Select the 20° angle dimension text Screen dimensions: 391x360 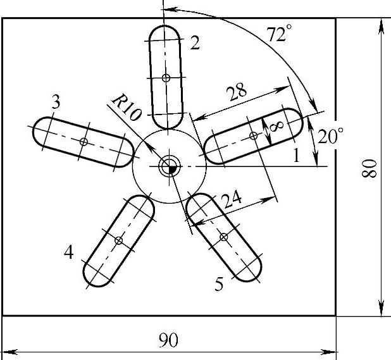tap(330, 135)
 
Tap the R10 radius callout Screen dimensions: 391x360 tap(127, 107)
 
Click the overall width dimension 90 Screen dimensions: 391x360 tap(168, 340)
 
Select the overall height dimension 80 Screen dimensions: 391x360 tap(369, 168)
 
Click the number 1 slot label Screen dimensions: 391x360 tap(296, 155)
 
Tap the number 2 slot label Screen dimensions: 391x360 tap(195, 42)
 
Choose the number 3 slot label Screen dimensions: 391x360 tap(56, 102)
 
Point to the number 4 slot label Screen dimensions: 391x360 tap(68, 252)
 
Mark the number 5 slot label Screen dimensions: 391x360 tap(219, 284)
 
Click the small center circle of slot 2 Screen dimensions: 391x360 tap(166, 78)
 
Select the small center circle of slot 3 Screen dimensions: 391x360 tap(84, 142)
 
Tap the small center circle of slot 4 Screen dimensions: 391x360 tap(119, 240)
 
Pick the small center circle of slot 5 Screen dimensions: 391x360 tap(224, 237)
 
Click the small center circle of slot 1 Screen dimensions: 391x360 tap(253, 136)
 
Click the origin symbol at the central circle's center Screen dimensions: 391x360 tap(170, 166)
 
